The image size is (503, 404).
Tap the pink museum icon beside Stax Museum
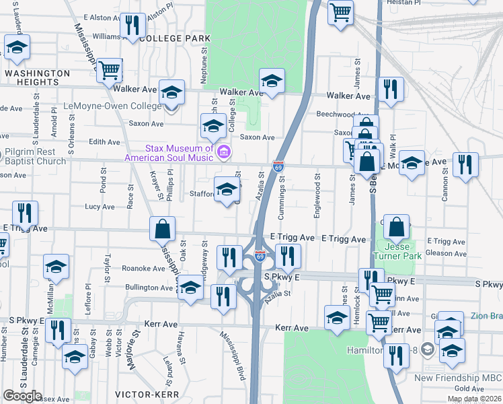click(224, 154)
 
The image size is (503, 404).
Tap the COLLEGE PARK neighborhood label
click(172, 39)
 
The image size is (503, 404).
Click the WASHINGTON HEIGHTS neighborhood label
click(37, 77)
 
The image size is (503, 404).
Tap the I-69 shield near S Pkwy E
click(260, 257)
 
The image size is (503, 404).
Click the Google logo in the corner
click(22, 395)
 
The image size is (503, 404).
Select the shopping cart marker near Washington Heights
click(109, 69)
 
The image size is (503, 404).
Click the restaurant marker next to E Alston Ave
click(132, 26)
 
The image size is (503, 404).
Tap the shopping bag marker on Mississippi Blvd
click(163, 230)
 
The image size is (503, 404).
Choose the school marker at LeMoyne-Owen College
click(172, 92)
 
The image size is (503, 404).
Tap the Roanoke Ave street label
click(143, 268)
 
